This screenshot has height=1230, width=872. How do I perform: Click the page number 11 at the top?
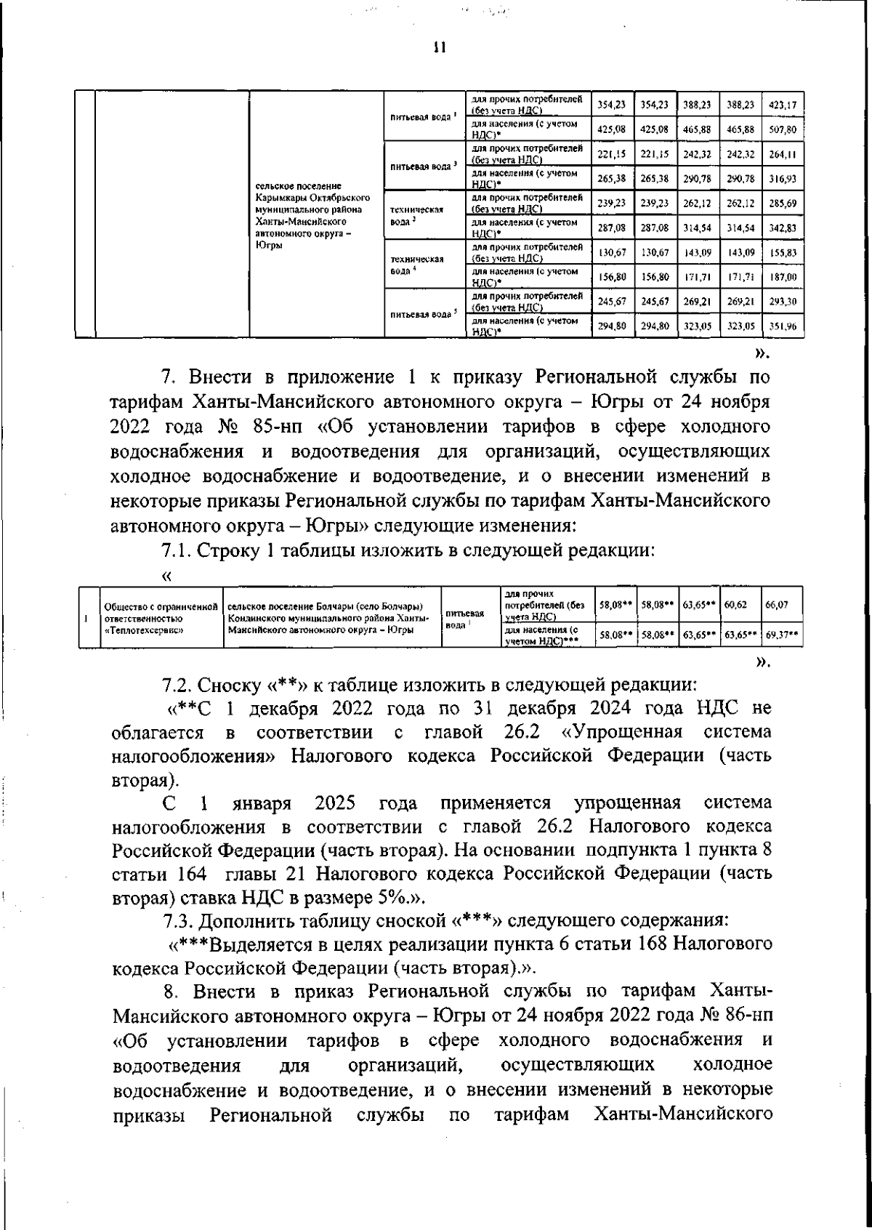[x=437, y=49]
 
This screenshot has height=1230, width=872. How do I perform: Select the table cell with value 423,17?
[x=782, y=105]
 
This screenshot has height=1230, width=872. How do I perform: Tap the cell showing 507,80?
[x=782, y=129]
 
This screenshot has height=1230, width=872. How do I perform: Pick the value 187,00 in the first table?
[x=782, y=277]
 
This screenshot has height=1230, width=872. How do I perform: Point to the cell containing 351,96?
[x=782, y=326]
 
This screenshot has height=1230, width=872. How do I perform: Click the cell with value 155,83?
[x=782, y=252]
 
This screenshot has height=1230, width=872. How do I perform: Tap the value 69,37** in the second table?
[x=783, y=635]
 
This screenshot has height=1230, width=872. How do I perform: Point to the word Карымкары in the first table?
[x=286, y=197]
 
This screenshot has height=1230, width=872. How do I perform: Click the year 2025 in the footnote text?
[x=335, y=803]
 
